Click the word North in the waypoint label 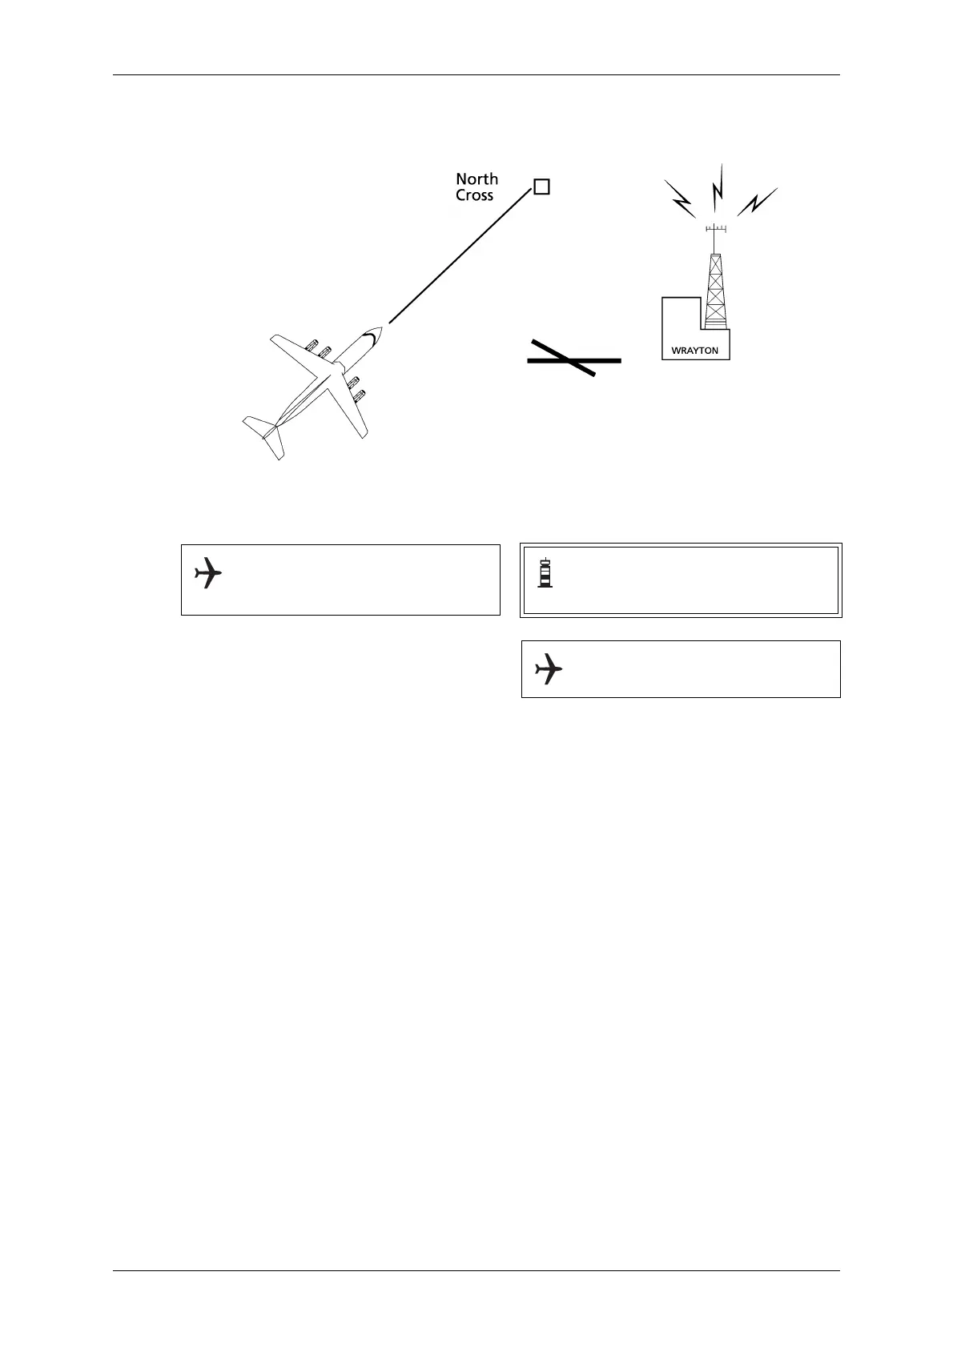point(476,179)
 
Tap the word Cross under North point(474,195)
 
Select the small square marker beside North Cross point(541,187)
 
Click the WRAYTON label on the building point(694,351)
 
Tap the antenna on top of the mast point(715,231)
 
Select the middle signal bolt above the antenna point(718,187)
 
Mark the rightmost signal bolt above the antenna point(757,202)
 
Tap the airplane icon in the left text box point(208,573)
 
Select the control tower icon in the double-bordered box point(545,572)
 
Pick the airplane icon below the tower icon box point(549,668)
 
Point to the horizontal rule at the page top point(476,75)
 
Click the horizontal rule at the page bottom point(476,1270)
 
